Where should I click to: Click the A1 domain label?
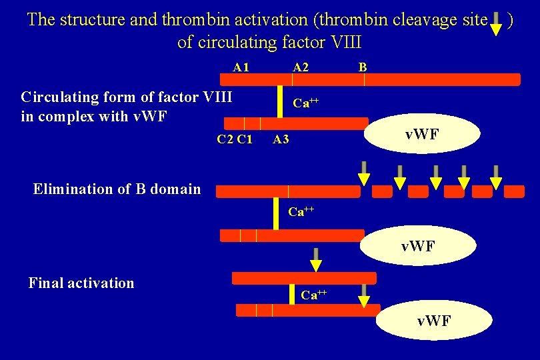241,67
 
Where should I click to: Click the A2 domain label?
301,67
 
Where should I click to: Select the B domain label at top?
363,67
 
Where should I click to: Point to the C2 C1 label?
235,139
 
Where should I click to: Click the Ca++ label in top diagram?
306,103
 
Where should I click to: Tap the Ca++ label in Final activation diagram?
313,294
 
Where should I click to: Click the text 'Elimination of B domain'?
117,189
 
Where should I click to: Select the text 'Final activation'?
81,283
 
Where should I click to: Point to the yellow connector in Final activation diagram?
291,294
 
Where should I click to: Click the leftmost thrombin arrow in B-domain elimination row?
363,173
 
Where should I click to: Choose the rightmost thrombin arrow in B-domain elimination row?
495,173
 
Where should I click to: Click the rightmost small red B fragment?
514,192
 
